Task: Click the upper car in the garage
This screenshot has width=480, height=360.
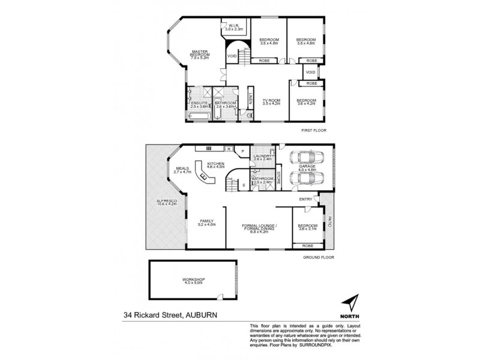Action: (x=306, y=158)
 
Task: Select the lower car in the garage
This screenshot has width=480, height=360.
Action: (x=306, y=179)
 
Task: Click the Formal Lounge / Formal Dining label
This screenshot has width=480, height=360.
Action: (x=258, y=228)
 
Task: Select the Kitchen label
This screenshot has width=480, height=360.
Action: (x=216, y=164)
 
